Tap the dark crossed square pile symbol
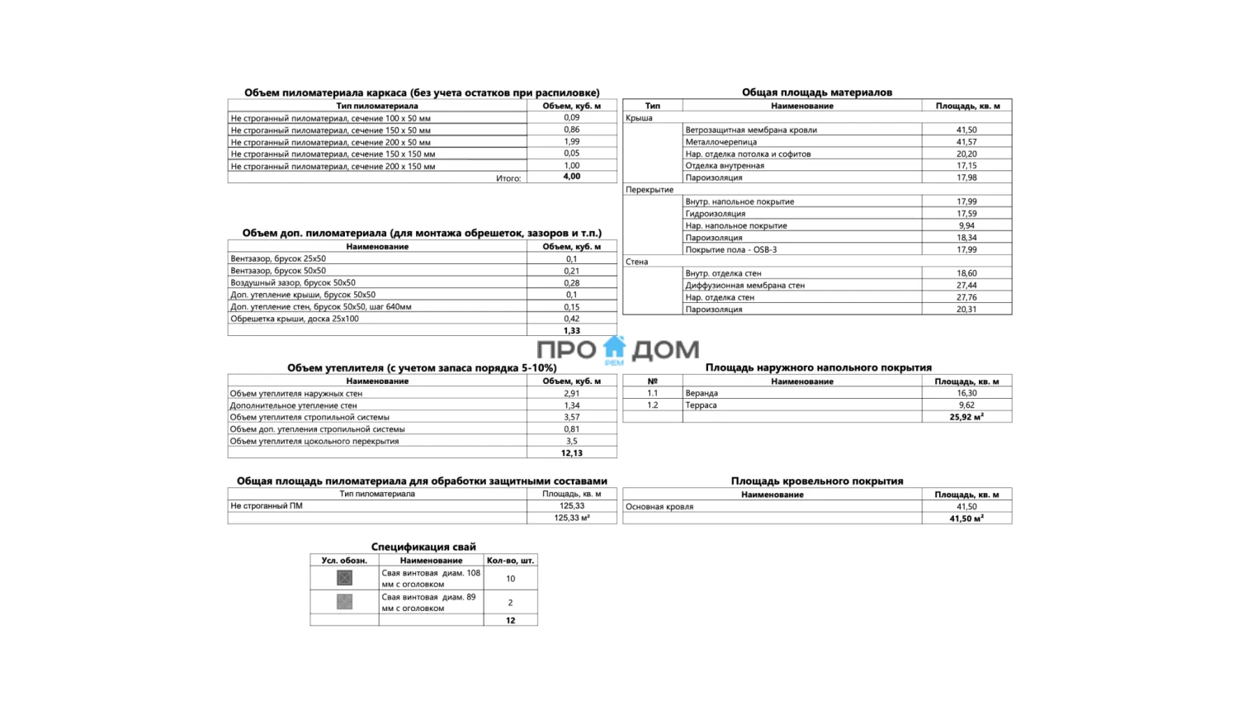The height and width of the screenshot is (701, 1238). click(x=344, y=578)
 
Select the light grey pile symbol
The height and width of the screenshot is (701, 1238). click(x=344, y=602)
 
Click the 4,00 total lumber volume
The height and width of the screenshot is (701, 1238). click(x=571, y=177)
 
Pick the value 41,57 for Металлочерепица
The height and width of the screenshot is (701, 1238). click(x=966, y=142)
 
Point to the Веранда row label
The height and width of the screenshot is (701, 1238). click(x=702, y=393)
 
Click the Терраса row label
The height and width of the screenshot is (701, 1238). click(x=701, y=405)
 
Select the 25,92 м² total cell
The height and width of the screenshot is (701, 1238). click(x=966, y=417)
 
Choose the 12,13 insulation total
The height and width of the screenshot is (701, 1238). click(x=571, y=453)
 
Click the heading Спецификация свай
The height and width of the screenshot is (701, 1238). click(x=423, y=547)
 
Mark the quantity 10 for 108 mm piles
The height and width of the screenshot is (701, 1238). click(x=510, y=579)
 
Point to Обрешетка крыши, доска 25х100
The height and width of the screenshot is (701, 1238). click(x=295, y=319)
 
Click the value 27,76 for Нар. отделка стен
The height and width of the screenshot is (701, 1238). click(x=966, y=297)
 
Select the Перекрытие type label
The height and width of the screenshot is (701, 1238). click(x=650, y=190)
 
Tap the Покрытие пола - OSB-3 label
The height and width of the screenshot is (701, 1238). click(x=730, y=249)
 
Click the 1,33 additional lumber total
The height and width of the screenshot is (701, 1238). click(x=571, y=330)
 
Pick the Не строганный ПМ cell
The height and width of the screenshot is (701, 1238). click(x=267, y=506)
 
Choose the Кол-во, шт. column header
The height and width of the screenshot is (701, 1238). click(x=510, y=561)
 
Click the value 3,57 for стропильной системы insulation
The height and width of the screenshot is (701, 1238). click(x=571, y=417)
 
